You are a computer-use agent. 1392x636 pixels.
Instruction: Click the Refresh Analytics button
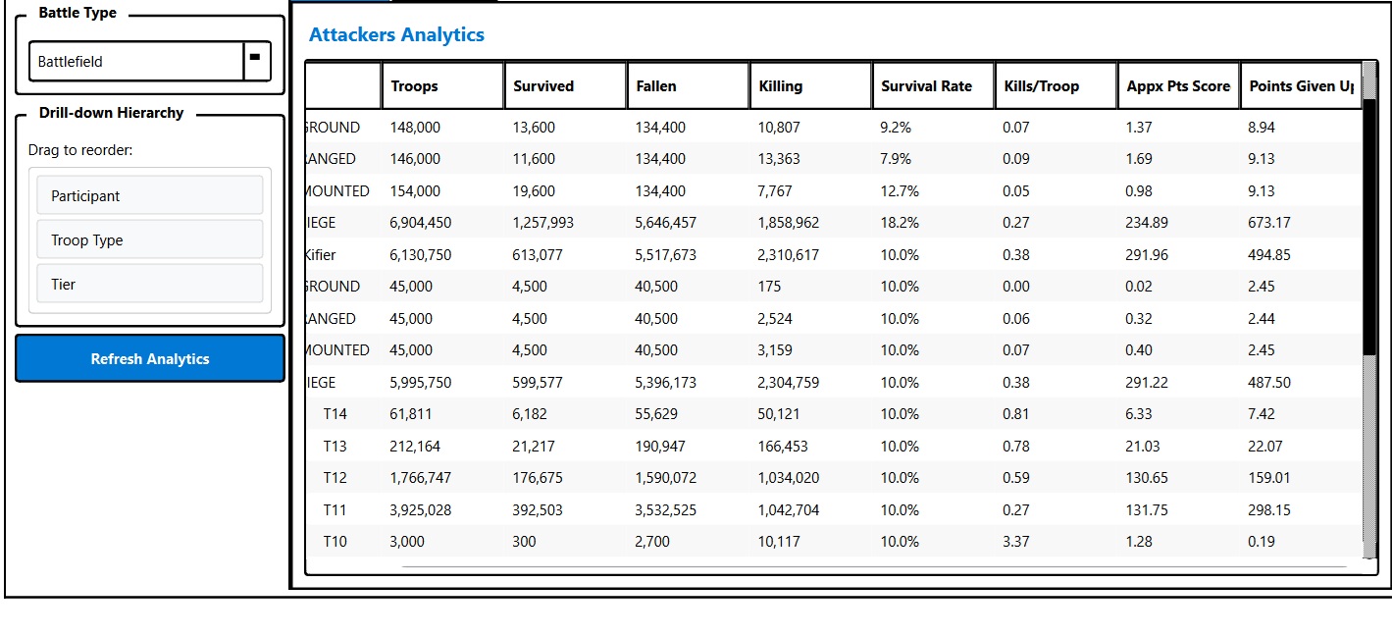click(150, 359)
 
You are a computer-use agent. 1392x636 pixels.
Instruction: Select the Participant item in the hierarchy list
click(150, 195)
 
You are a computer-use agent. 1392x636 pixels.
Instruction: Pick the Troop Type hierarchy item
click(150, 239)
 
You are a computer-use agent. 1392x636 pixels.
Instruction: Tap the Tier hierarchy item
click(150, 284)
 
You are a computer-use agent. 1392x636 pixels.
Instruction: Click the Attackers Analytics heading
click(396, 34)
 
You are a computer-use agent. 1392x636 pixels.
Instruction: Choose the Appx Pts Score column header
click(1177, 86)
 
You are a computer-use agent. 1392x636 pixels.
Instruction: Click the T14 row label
click(335, 414)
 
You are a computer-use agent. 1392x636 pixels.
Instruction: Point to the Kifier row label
click(320, 255)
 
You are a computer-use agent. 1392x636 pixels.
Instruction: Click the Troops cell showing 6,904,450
click(421, 223)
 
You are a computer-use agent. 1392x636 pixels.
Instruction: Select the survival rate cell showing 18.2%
click(900, 223)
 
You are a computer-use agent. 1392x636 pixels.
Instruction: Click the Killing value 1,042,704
click(789, 510)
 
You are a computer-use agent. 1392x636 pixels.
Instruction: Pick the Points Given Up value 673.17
click(1269, 223)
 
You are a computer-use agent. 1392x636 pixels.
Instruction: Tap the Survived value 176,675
click(538, 478)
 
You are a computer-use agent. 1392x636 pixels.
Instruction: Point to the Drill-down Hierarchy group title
click(111, 113)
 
